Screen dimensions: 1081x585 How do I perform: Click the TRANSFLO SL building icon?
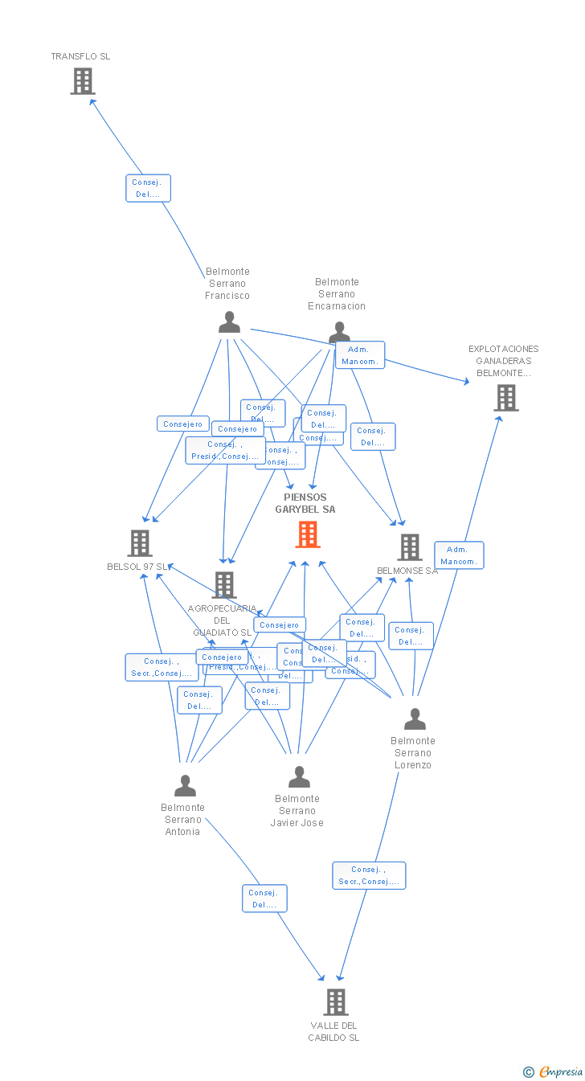[82, 81]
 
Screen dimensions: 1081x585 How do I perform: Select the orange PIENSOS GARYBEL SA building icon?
[307, 534]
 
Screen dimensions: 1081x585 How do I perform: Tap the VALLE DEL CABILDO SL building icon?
[335, 1002]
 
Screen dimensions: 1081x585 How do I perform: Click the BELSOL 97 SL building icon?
[140, 543]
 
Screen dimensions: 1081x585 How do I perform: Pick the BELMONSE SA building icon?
[410, 547]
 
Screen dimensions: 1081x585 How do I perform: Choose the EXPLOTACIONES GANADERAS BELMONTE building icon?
[505, 398]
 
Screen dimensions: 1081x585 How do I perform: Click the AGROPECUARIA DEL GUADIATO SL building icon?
[223, 585]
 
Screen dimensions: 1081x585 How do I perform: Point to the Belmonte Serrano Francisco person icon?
[229, 322]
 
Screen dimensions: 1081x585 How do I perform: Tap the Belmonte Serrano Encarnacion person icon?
[339, 332]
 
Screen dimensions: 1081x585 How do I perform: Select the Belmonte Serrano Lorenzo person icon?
[415, 719]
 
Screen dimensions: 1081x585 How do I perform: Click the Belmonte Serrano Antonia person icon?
[185, 785]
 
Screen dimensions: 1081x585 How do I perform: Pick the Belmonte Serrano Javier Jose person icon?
[299, 777]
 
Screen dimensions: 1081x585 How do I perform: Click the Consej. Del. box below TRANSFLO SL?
[148, 188]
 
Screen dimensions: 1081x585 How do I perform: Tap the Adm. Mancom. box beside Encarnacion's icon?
[360, 355]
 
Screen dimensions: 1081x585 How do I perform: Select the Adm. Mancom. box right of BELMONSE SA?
[459, 555]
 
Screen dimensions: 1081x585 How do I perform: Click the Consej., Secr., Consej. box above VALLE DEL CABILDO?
[369, 875]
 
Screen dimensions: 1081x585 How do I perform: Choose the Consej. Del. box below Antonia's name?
[264, 899]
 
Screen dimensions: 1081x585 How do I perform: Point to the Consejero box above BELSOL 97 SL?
[183, 424]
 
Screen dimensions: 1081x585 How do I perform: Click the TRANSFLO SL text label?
[80, 56]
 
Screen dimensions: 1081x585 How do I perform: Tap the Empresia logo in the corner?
[554, 1071]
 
